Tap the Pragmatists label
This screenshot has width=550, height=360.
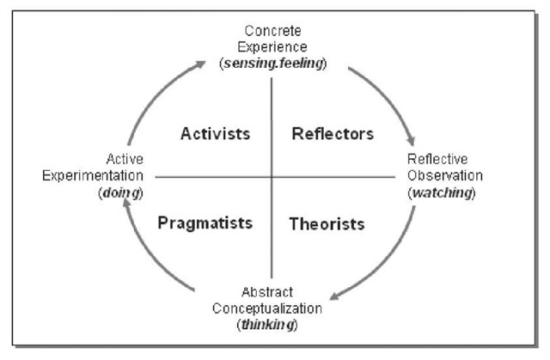[205, 223]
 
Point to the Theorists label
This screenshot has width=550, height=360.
[327, 224]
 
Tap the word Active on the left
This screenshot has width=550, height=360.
[125, 160]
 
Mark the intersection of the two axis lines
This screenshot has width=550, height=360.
[272, 176]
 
